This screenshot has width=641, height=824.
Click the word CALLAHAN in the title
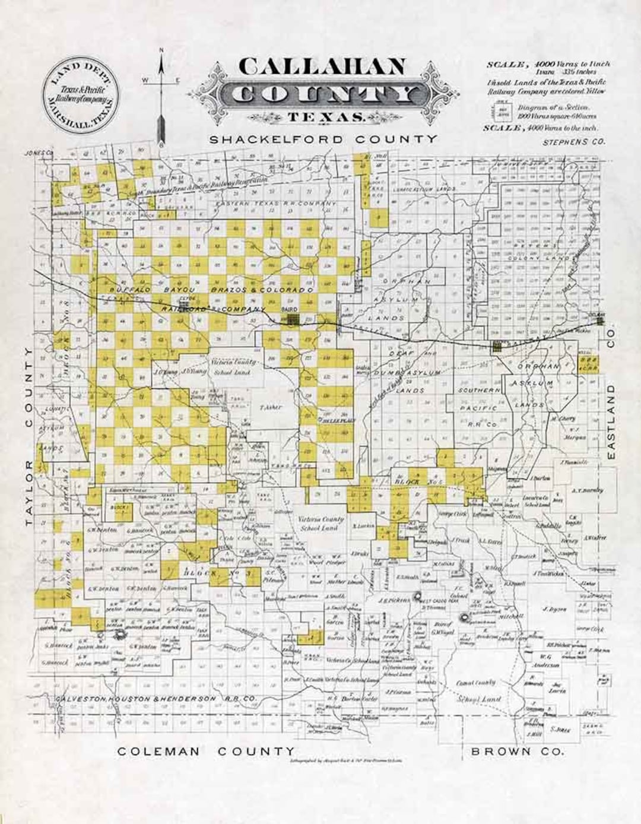tap(322, 66)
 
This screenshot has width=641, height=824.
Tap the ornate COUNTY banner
tap(328, 94)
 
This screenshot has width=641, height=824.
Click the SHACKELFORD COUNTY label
tap(323, 140)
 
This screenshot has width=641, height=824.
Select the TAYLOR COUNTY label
tap(28, 436)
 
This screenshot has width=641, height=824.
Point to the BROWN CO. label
tap(517, 752)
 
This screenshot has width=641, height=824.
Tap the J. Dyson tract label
tap(554, 609)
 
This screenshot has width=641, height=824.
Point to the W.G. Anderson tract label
tap(547, 661)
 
